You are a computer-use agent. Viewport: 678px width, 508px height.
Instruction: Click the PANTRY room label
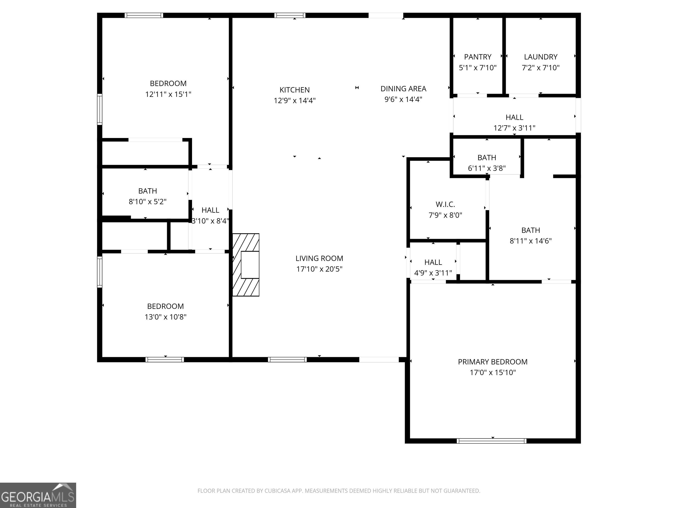point(478,57)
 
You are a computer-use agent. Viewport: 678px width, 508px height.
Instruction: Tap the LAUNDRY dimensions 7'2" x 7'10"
point(541,68)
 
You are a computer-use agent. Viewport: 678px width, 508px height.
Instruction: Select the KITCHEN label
point(295,90)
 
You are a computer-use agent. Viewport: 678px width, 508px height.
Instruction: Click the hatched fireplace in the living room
point(246,265)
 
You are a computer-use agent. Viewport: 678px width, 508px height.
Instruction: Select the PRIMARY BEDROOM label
point(493,362)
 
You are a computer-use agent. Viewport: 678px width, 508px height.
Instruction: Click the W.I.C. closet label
point(445,204)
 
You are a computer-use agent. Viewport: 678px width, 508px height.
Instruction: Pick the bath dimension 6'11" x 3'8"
point(487,168)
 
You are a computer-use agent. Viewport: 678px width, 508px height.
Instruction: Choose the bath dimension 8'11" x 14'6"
point(531,241)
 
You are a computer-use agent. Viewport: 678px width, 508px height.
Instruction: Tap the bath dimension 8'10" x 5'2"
point(147,202)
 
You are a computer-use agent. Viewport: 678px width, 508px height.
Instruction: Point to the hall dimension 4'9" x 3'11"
point(433,273)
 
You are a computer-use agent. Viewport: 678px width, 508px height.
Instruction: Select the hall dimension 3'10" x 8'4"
point(210,221)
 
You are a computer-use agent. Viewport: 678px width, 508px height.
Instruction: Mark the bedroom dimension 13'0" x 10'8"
point(166,317)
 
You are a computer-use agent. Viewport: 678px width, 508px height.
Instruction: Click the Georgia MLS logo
point(38,495)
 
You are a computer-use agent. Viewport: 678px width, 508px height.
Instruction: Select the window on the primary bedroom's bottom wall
point(491,441)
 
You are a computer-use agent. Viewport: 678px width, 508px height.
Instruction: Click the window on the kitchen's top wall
point(290,15)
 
